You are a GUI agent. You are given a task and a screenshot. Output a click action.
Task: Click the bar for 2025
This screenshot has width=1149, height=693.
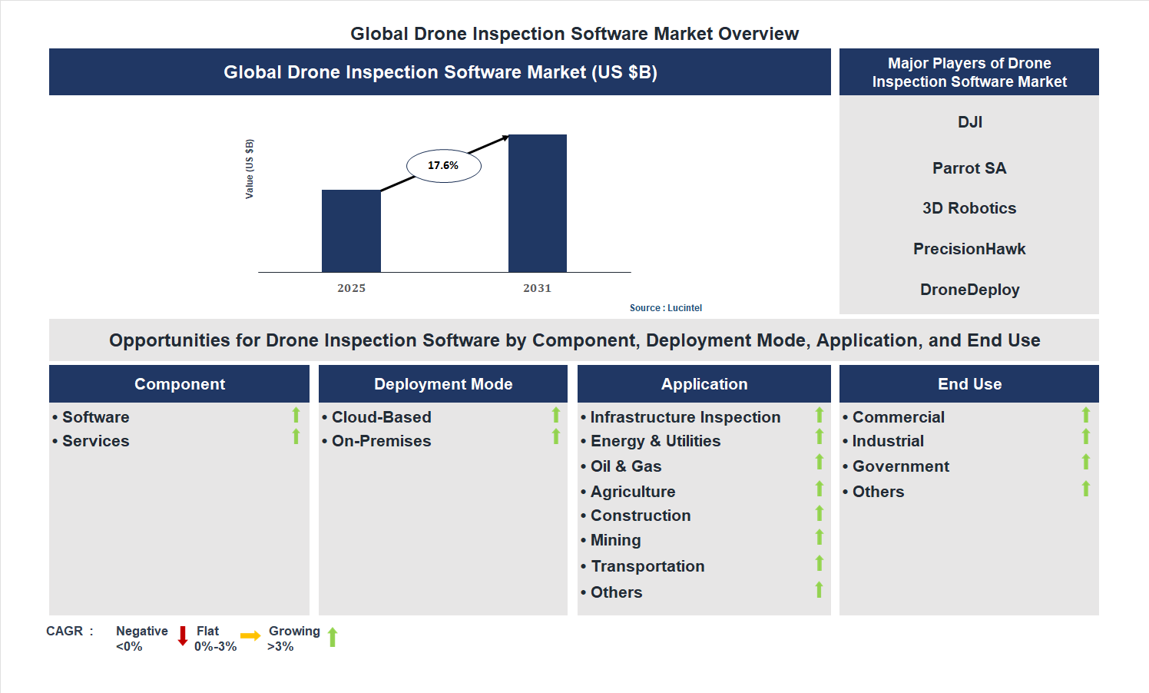pyautogui.click(x=351, y=230)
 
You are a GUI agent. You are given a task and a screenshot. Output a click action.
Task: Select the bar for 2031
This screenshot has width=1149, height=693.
pyautogui.click(x=538, y=204)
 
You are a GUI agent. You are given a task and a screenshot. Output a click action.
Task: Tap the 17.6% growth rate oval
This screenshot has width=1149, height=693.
pyautogui.click(x=443, y=166)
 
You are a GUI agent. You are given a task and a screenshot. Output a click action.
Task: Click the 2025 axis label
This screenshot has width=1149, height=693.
pyautogui.click(x=351, y=288)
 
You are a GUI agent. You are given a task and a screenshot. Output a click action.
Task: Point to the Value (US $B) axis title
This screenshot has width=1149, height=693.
pyautogui.click(x=249, y=169)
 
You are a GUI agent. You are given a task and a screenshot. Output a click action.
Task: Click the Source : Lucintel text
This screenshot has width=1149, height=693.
pyautogui.click(x=665, y=308)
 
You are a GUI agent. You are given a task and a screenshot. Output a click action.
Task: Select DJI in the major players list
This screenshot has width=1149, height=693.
pyautogui.click(x=969, y=122)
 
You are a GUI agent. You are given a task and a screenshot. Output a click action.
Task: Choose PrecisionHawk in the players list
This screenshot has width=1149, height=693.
pyautogui.click(x=969, y=249)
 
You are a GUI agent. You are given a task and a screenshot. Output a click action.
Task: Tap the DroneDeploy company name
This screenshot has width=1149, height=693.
pyautogui.click(x=969, y=290)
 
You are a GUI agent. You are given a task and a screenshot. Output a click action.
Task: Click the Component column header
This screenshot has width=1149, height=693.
pyautogui.click(x=180, y=384)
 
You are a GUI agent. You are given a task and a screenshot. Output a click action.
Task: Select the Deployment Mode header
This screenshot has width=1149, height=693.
pyautogui.click(x=443, y=384)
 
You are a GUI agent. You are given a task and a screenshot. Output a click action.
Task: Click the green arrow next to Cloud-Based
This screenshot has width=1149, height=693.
pyautogui.click(x=556, y=416)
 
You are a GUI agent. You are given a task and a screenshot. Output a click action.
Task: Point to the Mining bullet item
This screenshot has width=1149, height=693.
pyautogui.click(x=615, y=540)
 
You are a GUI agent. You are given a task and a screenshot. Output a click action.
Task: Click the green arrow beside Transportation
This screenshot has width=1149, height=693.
pyautogui.click(x=820, y=563)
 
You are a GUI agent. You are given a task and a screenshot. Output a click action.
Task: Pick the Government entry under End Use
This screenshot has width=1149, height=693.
pyautogui.click(x=900, y=466)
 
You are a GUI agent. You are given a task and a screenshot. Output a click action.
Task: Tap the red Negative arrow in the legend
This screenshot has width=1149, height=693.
pyautogui.click(x=183, y=636)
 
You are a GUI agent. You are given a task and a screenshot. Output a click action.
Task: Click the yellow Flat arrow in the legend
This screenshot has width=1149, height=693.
pyautogui.click(x=250, y=636)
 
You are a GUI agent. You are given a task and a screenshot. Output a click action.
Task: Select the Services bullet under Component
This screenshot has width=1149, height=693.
pyautogui.click(x=95, y=441)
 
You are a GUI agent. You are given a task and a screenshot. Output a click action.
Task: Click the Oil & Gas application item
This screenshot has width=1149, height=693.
pyautogui.click(x=625, y=466)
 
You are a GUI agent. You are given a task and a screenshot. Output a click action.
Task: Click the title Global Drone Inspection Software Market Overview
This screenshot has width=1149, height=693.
pyautogui.click(x=574, y=34)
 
